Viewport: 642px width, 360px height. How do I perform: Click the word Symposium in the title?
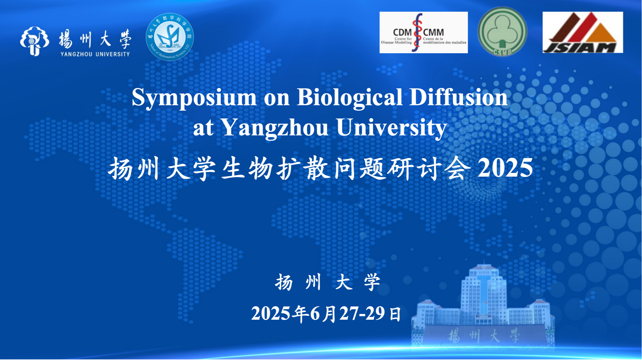tap(194, 98)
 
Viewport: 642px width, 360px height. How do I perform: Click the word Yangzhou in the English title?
tap(275, 128)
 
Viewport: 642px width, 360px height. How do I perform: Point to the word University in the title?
tap(391, 128)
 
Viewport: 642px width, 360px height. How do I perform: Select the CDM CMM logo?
tap(423, 33)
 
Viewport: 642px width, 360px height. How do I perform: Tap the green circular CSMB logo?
tap(502, 32)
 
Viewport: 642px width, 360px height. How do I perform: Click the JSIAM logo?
tap(582, 33)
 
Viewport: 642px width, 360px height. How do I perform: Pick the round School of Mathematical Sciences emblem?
tap(170, 37)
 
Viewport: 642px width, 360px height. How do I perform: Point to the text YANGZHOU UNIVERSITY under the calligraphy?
tap(95, 54)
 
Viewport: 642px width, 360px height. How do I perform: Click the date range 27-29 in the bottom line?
tap(362, 314)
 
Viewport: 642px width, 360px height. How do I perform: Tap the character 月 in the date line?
tap(329, 314)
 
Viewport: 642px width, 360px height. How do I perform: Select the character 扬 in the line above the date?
tap(284, 282)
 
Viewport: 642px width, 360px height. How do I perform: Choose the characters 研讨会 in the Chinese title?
tap(428, 168)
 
